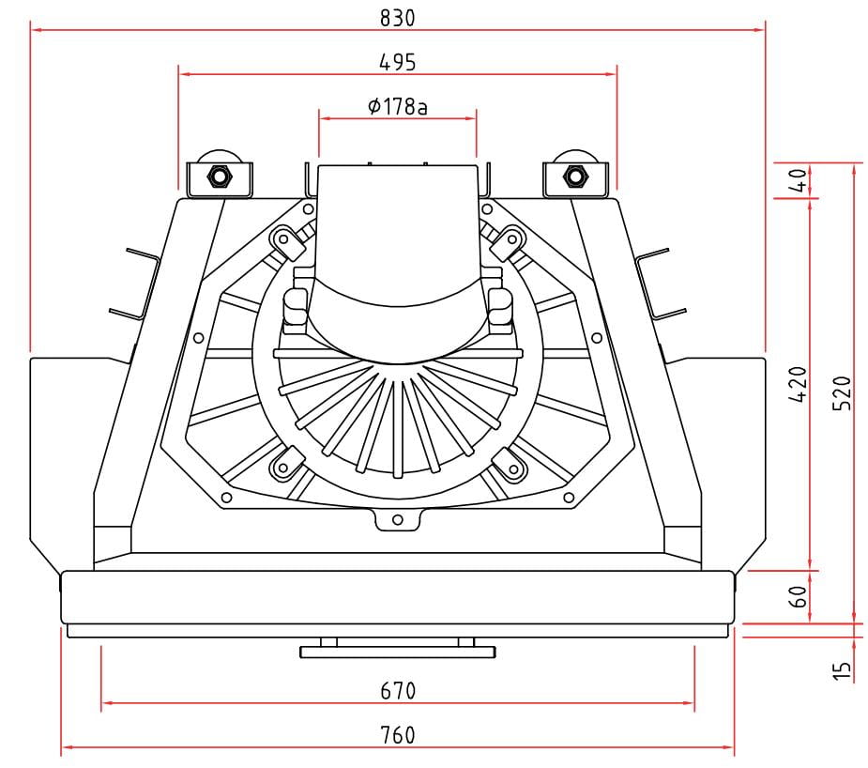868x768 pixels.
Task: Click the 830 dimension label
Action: click(397, 18)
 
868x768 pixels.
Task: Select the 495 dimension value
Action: click(397, 62)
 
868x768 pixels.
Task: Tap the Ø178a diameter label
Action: click(398, 106)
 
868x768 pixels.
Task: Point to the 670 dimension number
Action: click(398, 690)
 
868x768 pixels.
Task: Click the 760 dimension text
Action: click(398, 735)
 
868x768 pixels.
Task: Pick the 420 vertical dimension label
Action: click(798, 384)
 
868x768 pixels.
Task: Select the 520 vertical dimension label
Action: click(842, 393)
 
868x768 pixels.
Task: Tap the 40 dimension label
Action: click(798, 180)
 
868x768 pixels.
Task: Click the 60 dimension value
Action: click(798, 597)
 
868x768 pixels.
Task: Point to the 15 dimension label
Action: click(842, 670)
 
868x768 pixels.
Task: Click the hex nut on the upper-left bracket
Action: click(220, 177)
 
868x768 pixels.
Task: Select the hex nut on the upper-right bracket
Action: click(575, 177)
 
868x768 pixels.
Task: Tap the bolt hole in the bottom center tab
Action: click(397, 520)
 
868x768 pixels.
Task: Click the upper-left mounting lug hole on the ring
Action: click(283, 239)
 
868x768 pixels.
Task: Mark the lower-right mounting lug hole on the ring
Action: click(513, 469)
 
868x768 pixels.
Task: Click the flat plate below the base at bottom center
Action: click(398, 653)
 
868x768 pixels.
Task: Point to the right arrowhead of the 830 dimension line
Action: click(759, 29)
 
